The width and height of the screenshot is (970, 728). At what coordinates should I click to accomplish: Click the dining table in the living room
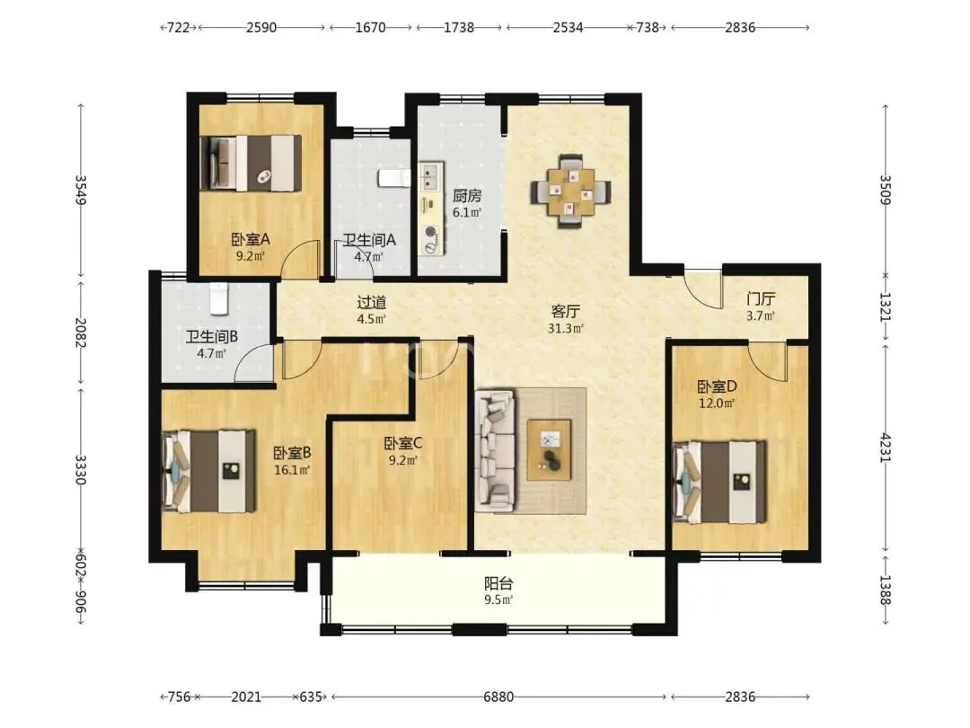point(570,191)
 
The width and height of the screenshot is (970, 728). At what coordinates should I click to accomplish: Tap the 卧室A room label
point(251,239)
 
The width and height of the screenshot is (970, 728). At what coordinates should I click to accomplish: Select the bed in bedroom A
point(251,163)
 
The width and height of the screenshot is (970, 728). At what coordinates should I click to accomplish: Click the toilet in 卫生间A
point(394,177)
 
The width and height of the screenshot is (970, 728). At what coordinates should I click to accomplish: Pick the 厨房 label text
point(466,196)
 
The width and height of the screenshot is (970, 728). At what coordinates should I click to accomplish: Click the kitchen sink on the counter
point(430,176)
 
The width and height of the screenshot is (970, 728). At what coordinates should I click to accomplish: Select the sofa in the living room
point(495,450)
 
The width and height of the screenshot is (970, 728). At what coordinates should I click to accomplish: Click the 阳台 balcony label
point(498,583)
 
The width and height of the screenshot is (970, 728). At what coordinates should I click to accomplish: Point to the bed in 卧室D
point(719,482)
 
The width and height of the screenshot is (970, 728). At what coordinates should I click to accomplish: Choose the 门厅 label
point(761,299)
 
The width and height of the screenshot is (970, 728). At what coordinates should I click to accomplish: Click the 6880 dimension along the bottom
point(498,697)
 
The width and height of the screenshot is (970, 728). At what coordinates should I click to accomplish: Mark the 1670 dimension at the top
point(371,27)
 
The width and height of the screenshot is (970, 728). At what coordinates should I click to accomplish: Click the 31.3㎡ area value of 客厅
point(566,328)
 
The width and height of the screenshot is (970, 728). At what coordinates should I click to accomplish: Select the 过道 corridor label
point(372,302)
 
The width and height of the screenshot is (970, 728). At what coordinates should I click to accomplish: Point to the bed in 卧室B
point(208,471)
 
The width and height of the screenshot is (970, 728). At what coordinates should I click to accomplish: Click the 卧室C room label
point(402,443)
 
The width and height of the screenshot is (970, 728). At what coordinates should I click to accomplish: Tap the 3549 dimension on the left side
point(81,190)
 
